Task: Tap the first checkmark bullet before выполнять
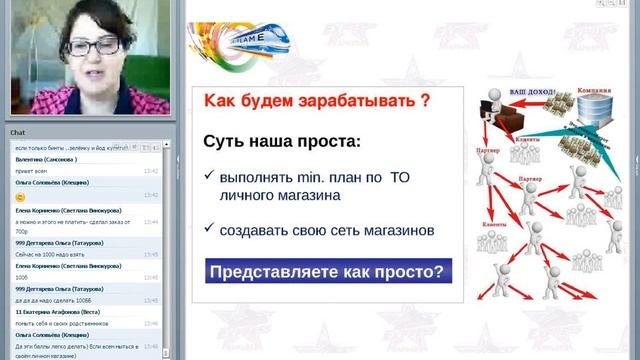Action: click(207, 176)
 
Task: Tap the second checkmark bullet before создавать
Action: click(207, 228)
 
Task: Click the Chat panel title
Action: click(18, 131)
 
